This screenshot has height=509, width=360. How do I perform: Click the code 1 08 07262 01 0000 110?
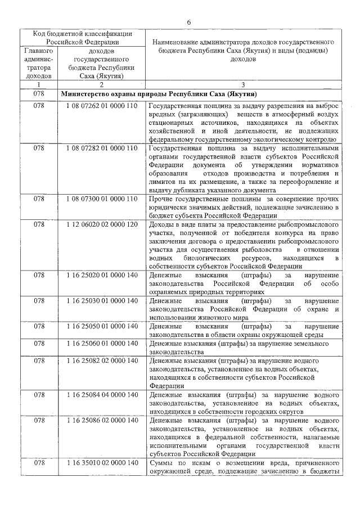point(101,106)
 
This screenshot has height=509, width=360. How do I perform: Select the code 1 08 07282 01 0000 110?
point(101,148)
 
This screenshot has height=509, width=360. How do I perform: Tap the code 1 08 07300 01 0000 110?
point(101,199)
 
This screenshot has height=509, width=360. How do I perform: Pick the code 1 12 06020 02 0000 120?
point(101,224)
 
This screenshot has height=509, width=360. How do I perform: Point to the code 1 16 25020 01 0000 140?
point(101,275)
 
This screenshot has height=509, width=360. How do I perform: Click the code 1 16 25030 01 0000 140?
point(101,300)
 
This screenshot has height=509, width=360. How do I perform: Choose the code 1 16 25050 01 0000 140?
point(101,326)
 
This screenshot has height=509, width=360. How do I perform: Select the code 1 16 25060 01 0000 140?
point(101,343)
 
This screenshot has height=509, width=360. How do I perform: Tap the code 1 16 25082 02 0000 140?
point(101,360)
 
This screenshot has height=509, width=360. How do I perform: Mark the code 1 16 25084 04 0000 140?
point(101,394)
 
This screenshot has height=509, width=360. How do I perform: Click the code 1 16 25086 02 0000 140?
point(101,420)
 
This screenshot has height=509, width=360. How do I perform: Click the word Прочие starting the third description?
point(161,199)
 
